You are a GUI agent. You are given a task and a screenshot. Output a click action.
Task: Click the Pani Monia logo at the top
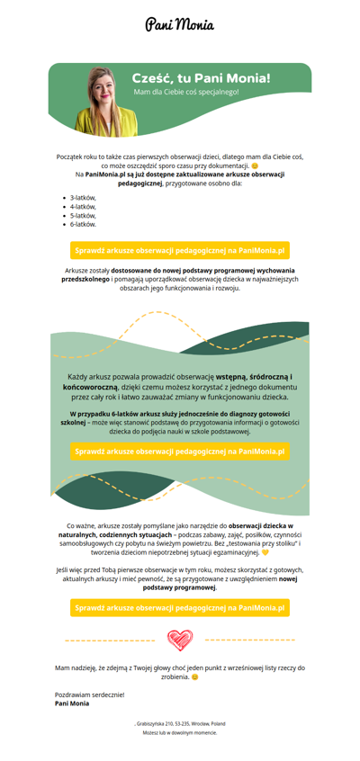coord(180,24)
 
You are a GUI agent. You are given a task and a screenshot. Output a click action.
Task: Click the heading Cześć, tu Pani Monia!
coord(201,78)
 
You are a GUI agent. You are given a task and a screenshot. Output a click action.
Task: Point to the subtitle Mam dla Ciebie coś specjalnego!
coord(186,91)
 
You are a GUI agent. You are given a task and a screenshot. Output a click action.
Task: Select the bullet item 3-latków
coord(83,198)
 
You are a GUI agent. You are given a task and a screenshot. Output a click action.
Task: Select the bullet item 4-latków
coord(83,206)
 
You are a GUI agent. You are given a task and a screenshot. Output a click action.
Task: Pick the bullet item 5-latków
coord(83,216)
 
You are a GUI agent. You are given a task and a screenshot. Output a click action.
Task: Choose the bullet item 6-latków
coord(83,224)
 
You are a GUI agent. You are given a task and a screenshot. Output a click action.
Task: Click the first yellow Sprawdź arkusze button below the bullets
coord(180,250)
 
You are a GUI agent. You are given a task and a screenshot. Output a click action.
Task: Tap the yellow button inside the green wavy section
coord(180,452)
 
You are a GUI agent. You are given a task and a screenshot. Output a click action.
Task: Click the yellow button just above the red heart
coord(180,608)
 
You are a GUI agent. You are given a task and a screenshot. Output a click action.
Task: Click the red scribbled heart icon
coord(180,640)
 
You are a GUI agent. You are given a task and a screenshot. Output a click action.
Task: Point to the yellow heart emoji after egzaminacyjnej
coord(265,552)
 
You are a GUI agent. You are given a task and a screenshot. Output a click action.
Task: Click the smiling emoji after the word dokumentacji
coord(256,166)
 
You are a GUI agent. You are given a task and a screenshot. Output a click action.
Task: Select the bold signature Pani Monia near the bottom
coord(72,703)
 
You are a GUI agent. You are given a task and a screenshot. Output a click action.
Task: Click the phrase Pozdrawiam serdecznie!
coord(90,694)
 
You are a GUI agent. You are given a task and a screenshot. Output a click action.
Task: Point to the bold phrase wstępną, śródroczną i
coord(257,376)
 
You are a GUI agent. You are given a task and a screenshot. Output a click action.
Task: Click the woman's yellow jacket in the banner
coord(106,121)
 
